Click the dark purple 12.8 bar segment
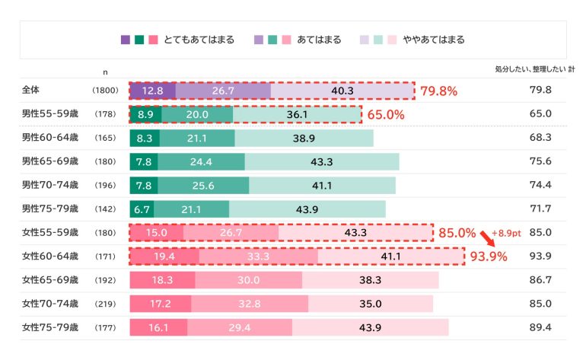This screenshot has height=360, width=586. point(152,91)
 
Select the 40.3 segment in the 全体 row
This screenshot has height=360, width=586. point(342,91)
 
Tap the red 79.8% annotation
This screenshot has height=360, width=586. point(438,91)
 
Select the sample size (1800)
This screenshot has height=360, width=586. point(105,91)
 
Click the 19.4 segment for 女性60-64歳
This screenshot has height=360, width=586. point(164,256)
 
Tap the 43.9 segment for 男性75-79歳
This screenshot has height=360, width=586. point(307,209)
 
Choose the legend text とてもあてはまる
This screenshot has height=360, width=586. point(199,40)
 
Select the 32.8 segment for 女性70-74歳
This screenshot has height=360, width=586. point(250,304)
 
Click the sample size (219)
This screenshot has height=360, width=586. point(105,304)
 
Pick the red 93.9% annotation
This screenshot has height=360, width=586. point(489,256)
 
